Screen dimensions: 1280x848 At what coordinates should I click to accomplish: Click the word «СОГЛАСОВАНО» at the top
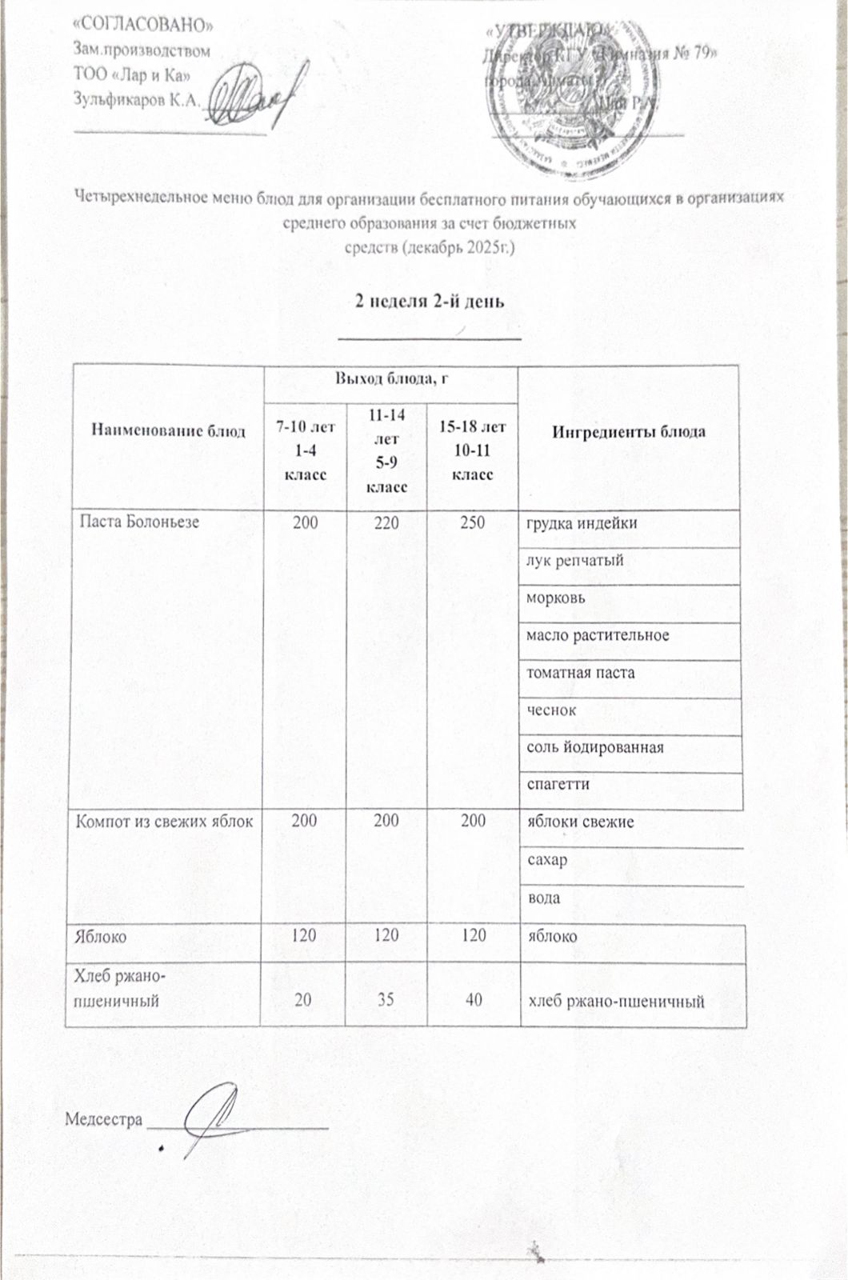143,24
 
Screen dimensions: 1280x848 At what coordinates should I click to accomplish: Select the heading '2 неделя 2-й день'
430,302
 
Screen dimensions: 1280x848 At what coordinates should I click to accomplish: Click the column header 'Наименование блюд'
168,431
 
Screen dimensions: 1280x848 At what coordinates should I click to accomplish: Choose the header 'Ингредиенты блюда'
629,431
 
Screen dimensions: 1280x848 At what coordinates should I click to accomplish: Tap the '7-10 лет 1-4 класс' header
306,450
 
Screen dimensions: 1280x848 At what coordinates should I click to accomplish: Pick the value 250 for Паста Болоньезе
473,523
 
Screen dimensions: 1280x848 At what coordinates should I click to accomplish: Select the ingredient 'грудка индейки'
582,524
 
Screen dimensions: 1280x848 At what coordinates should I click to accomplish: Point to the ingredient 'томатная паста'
580,673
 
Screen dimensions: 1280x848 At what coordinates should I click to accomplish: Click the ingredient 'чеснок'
551,710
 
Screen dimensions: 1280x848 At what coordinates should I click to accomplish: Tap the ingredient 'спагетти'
558,784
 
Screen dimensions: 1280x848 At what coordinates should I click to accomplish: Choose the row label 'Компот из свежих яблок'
164,821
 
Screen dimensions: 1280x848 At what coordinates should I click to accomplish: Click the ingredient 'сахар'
546,860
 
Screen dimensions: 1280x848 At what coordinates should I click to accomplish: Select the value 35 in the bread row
386,998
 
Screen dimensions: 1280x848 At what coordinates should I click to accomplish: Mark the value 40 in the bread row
474,998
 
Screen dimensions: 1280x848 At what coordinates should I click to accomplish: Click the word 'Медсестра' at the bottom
104,1118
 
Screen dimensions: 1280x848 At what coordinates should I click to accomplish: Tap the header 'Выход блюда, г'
391,378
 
